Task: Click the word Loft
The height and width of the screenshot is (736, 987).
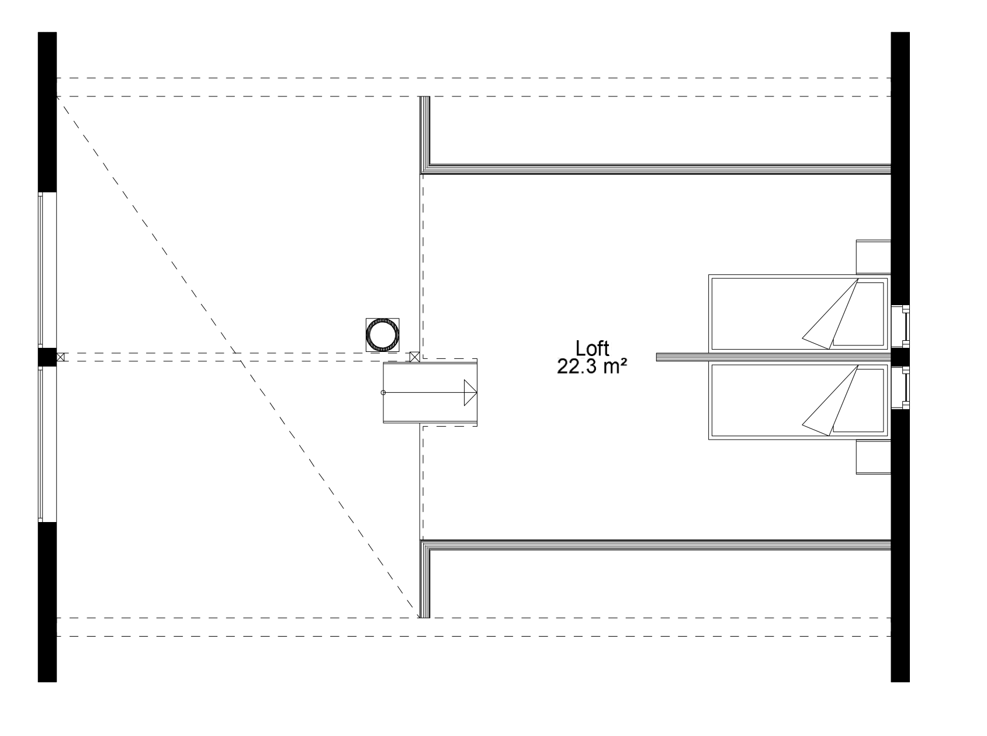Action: [592, 348]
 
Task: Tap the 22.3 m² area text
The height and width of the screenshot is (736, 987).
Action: [592, 367]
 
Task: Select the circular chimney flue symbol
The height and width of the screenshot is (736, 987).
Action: [383, 335]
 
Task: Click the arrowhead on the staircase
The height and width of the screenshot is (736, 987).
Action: [470, 392]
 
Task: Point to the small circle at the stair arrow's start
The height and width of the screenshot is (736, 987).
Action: [383, 392]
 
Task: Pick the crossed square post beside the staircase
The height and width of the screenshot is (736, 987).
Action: [415, 357]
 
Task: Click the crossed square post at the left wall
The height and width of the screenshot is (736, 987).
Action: [61, 357]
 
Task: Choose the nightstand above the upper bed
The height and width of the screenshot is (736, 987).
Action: [874, 257]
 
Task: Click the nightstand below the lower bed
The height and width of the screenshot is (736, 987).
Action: [874, 457]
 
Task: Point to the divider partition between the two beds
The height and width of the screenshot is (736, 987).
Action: [774, 357]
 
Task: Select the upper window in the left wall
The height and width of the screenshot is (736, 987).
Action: [48, 269]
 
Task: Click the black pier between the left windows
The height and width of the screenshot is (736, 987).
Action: [47, 357]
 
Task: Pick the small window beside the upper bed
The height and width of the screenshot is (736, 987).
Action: [901, 326]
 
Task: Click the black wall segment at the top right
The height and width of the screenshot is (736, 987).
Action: [901, 168]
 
